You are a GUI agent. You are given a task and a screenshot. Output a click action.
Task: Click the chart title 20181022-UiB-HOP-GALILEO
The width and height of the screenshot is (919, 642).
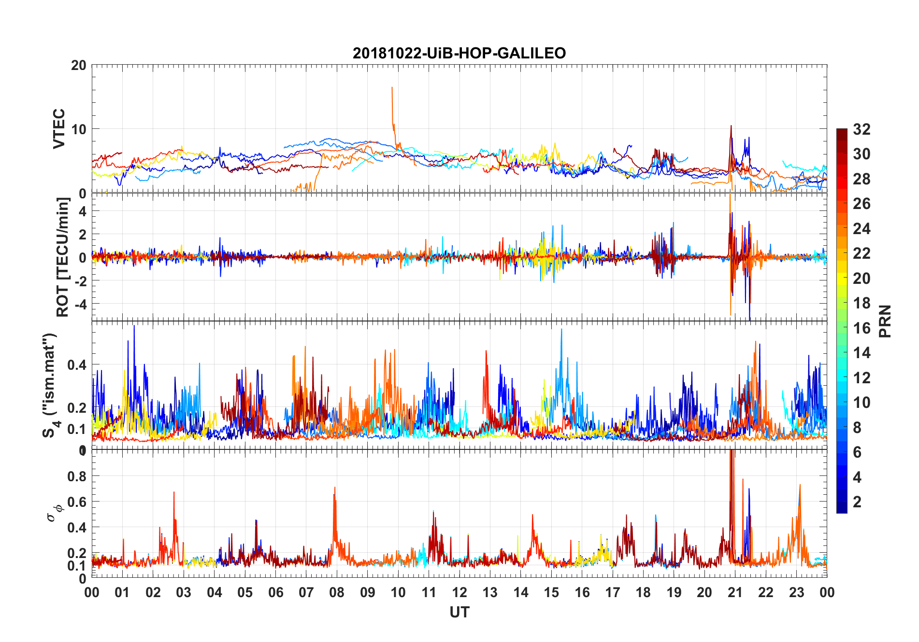459,53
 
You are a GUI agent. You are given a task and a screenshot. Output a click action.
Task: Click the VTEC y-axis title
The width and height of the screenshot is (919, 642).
59,129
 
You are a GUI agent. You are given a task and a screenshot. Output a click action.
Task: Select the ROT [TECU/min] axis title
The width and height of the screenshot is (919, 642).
63,257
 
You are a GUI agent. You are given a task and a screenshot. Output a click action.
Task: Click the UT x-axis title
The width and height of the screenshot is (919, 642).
459,613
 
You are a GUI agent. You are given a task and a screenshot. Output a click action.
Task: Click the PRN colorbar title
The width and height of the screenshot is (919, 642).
885,321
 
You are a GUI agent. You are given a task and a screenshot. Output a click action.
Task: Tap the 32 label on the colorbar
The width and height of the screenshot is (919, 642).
862,129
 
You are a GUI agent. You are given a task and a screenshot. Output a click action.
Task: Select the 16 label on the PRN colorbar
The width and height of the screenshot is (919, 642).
862,328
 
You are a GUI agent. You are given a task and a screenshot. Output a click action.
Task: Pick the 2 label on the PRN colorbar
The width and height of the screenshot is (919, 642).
858,502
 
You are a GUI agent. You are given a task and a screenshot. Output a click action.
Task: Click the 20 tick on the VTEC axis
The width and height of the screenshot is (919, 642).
79,65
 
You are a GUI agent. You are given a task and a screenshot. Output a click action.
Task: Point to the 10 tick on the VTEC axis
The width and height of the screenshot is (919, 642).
79,129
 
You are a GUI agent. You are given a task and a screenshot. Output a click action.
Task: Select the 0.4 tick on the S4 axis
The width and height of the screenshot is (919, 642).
77,365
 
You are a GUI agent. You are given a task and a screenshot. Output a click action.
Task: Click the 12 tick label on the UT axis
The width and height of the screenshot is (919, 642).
459,593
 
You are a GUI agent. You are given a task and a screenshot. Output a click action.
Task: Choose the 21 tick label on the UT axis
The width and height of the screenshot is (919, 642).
735,593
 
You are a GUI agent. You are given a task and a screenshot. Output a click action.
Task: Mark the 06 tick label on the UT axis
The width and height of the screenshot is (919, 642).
276,593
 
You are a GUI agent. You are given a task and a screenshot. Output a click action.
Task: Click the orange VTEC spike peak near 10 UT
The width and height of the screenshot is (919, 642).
392,87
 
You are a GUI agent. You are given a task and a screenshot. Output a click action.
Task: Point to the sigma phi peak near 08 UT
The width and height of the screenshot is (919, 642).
334,488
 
